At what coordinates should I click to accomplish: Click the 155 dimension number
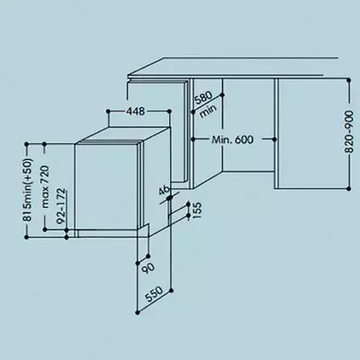[195, 211]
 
